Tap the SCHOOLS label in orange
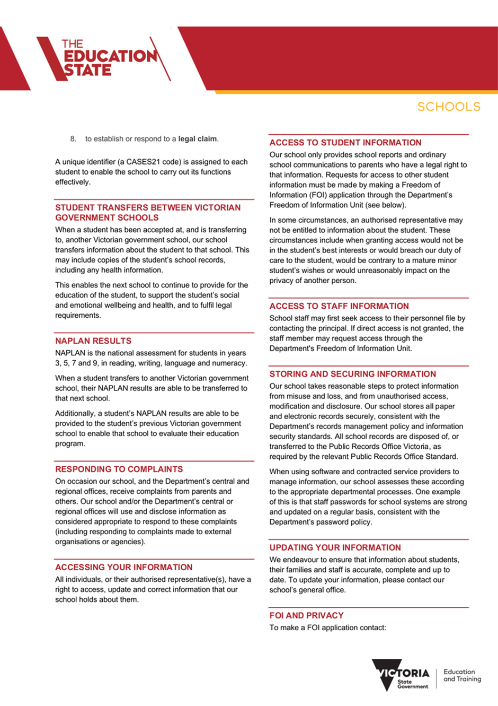point(449,107)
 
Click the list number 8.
point(73,139)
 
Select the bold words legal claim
point(197,139)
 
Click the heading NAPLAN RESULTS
point(93,341)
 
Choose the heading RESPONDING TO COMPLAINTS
point(119,469)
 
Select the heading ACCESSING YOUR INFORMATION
point(124,568)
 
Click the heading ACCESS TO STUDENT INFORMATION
point(345,143)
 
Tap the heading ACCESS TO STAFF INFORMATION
point(339,306)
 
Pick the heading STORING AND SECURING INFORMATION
point(353,374)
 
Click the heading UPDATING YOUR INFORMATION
point(335,548)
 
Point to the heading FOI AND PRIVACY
point(307,616)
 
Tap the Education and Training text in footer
point(462,675)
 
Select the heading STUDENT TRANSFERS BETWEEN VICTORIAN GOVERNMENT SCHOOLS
point(148,213)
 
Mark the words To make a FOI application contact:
point(328,628)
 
